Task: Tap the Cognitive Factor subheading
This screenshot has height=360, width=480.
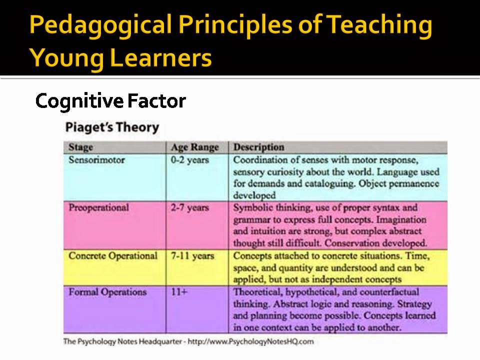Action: (x=110, y=101)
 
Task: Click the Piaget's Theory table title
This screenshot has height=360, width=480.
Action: (x=112, y=127)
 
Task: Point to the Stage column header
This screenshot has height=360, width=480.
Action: (x=80, y=147)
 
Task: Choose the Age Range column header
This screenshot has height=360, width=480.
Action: (x=195, y=147)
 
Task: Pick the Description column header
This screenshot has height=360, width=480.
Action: (x=259, y=147)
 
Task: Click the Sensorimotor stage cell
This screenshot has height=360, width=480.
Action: (x=96, y=160)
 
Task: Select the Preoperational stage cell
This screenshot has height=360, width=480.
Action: (x=98, y=207)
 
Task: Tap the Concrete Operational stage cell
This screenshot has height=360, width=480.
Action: (x=113, y=256)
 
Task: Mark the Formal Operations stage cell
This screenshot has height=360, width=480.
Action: (x=107, y=292)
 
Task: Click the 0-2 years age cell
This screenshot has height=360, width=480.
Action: (x=190, y=160)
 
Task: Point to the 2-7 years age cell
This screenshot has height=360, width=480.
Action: (x=190, y=207)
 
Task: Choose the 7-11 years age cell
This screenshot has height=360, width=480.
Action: (x=192, y=256)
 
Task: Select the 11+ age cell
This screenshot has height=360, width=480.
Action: (x=179, y=292)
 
